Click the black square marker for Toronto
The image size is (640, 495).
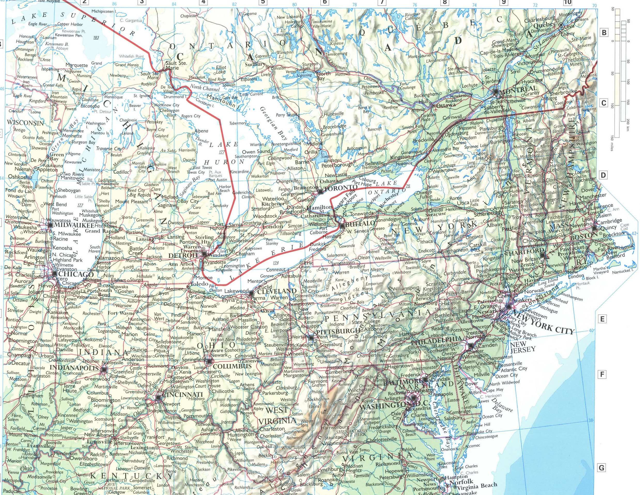tap(320, 192)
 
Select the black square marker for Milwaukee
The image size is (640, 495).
tap(50, 225)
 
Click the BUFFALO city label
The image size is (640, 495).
tap(356, 225)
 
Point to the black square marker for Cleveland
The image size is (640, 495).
tap(251, 293)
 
